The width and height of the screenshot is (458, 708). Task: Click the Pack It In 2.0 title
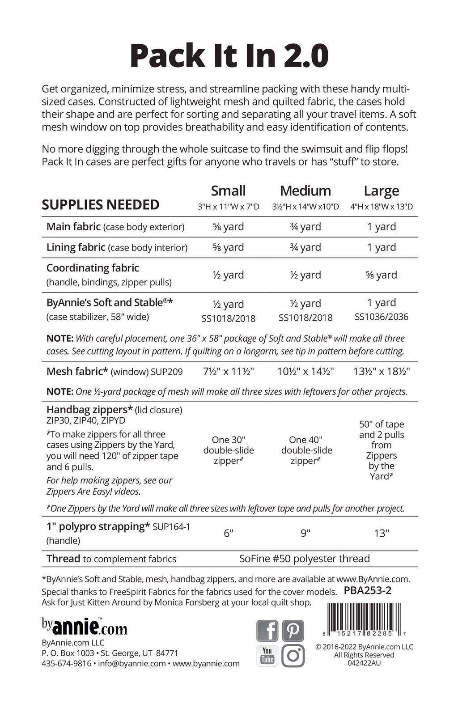(229, 55)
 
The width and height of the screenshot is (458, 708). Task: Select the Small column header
(228, 191)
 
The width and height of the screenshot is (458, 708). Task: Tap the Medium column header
(305, 191)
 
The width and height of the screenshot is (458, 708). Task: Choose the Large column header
(381, 191)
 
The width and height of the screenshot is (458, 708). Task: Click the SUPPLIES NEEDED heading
(101, 205)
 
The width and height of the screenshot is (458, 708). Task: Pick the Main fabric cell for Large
(381, 227)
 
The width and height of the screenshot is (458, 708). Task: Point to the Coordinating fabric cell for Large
(381, 275)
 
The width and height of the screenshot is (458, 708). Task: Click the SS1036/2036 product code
(381, 317)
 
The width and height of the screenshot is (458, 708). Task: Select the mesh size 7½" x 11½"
(228, 372)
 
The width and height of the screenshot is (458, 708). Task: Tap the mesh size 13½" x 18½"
(381, 372)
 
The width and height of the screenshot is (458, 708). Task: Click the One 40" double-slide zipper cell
(306, 450)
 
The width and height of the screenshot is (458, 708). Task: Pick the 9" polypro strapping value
(305, 533)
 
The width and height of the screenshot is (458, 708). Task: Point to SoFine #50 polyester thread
(305, 559)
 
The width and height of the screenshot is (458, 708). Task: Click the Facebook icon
(267, 631)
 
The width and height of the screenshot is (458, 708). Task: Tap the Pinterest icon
(293, 631)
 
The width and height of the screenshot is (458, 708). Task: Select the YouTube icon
(267, 656)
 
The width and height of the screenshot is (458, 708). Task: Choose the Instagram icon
(293, 656)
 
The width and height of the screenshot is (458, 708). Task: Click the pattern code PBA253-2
(368, 590)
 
